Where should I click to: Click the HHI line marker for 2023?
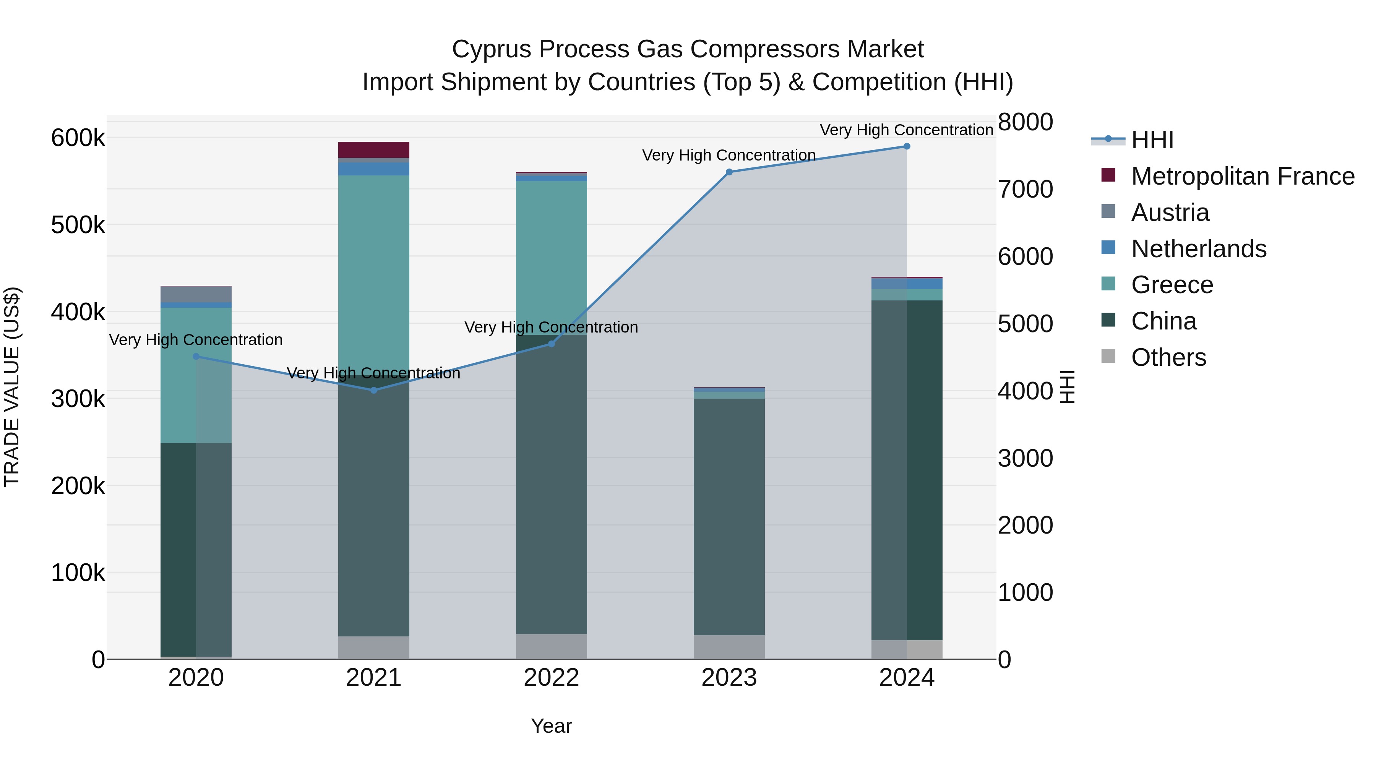(729, 172)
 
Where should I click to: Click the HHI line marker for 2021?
(374, 390)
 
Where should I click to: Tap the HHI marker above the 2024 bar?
(907, 146)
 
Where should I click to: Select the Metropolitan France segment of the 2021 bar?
(374, 149)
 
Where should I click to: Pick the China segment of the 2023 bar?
(729, 516)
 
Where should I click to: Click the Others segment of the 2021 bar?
(374, 647)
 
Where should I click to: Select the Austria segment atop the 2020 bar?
(196, 294)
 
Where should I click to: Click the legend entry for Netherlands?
(1198, 249)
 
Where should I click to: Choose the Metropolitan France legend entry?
(1243, 176)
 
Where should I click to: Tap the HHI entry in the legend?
(1152, 140)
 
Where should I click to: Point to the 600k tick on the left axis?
(78, 138)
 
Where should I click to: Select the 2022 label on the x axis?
(551, 678)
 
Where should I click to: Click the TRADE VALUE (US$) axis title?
(12, 387)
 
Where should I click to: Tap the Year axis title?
(551, 726)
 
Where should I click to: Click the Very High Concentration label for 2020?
(196, 340)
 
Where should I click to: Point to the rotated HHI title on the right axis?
(1067, 387)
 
